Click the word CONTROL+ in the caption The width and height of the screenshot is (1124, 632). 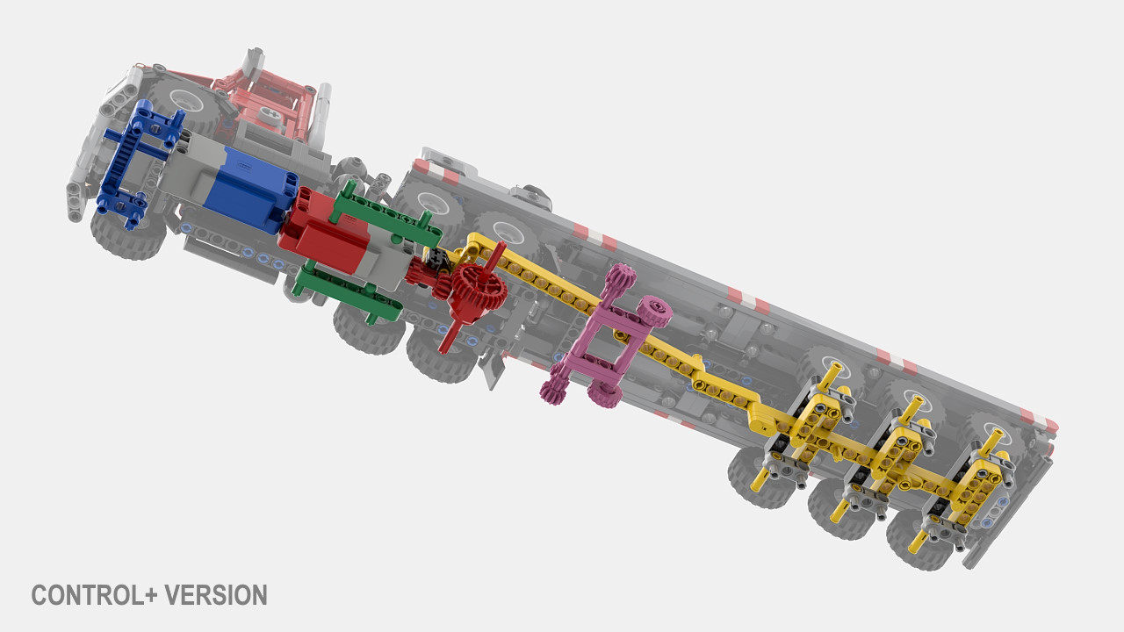tap(94, 595)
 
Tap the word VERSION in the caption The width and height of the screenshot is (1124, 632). tap(216, 595)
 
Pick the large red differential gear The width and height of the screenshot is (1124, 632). tap(477, 290)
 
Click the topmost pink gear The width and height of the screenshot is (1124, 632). tap(621, 276)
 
